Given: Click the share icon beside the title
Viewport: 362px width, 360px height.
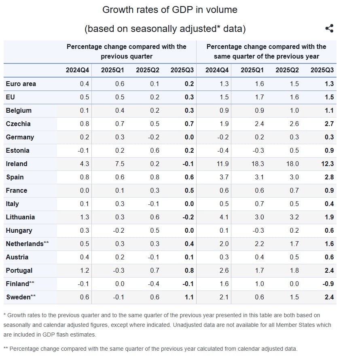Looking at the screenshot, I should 329,28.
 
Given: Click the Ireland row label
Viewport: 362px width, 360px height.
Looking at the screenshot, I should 17,164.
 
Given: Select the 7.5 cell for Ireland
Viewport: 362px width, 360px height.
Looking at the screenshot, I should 119,164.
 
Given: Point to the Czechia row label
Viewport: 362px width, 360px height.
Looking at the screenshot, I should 18,124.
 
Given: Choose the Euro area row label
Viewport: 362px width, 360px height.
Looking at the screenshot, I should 21,84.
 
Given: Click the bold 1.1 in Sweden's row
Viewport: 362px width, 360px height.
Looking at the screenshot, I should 189,297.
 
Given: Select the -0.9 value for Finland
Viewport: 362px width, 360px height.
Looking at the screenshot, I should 328,284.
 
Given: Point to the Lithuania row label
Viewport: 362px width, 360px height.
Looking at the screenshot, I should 20,217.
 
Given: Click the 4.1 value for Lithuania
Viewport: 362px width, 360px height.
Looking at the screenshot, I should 224,217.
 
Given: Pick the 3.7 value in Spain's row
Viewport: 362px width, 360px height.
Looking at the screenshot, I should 224,177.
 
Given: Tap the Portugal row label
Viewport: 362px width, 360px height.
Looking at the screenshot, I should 19,270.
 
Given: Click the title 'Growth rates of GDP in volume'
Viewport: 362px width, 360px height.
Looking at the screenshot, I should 169,10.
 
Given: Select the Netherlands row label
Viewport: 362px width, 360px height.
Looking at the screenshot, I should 24,244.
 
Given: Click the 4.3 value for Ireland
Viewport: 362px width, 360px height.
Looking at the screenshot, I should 85,164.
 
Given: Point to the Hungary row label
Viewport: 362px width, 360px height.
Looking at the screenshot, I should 19,230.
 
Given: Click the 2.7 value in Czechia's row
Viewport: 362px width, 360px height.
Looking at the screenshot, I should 329,124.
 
